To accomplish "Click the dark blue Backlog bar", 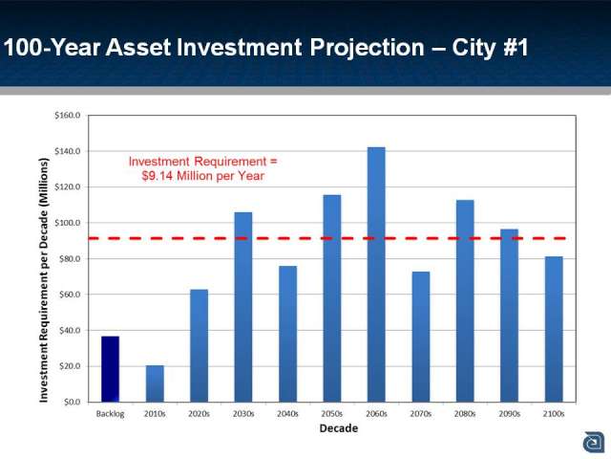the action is (x=111, y=369).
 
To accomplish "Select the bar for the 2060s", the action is (x=376, y=274).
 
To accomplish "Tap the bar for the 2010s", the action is (x=155, y=383).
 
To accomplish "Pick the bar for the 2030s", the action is (x=243, y=307).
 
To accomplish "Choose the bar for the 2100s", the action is (x=554, y=329).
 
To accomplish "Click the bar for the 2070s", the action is (x=421, y=337).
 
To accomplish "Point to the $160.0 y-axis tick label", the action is (x=68, y=116).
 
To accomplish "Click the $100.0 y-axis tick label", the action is (x=68, y=223).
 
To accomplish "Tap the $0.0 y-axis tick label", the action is (x=73, y=402).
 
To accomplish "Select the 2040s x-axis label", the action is (x=287, y=414).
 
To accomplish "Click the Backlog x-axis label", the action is (x=111, y=414).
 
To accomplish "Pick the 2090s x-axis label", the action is (x=509, y=414).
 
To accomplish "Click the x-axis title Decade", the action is (x=339, y=428).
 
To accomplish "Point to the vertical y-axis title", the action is (x=43, y=280).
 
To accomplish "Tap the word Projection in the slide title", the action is (x=367, y=48).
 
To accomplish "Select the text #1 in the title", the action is (x=516, y=47).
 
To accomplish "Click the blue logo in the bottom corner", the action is (x=594, y=443).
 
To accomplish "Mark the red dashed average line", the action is (x=327, y=238).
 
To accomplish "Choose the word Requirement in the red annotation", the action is (x=230, y=162).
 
